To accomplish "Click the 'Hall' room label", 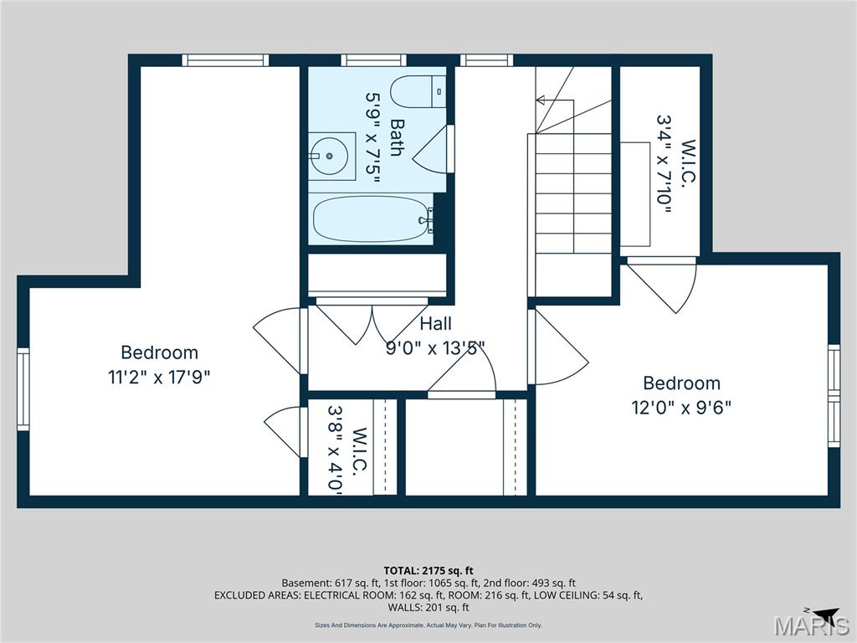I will tap(435, 324).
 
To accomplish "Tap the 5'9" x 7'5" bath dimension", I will tap(372, 138).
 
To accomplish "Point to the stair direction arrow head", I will tap(541, 100).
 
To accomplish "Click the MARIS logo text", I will tap(811, 625).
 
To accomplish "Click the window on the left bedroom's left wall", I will tap(23, 389).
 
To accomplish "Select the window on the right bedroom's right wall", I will tap(834, 394).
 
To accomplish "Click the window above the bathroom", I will tap(373, 60).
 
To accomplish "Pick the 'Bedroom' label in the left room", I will tap(159, 352).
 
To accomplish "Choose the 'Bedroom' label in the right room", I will tap(681, 383).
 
